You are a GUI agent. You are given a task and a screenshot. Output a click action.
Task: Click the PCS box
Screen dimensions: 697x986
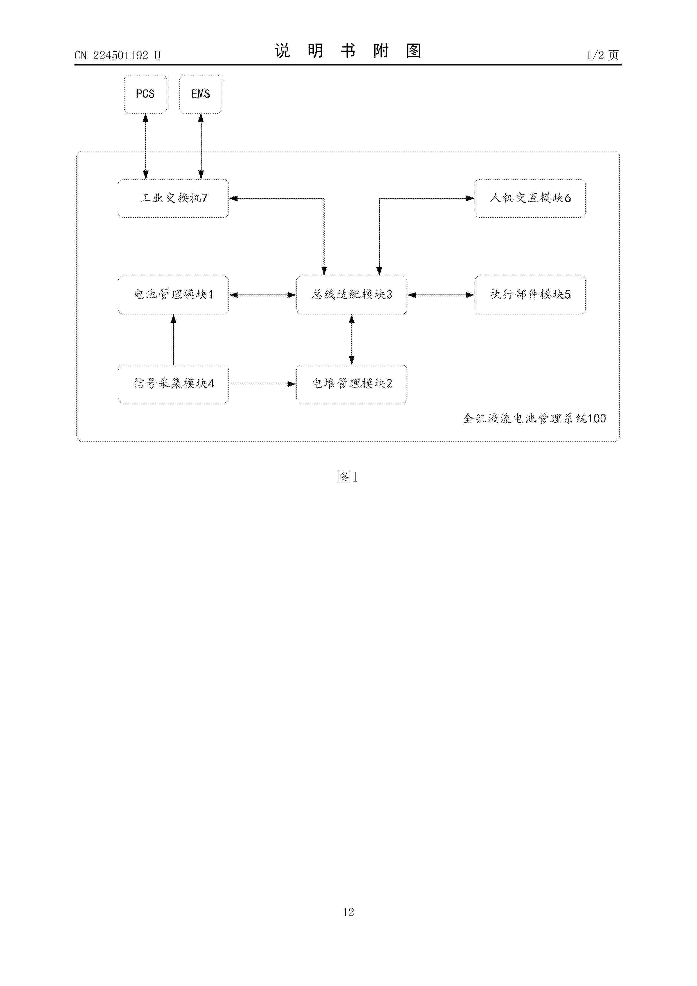click(145, 94)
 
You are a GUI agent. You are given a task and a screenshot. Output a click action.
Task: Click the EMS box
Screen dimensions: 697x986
click(201, 94)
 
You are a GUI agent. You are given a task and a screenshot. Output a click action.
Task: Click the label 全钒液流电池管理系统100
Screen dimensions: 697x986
click(535, 418)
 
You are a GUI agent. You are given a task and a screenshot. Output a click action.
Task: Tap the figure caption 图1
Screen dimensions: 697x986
click(348, 477)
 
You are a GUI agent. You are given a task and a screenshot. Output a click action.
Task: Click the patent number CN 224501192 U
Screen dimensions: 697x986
click(117, 55)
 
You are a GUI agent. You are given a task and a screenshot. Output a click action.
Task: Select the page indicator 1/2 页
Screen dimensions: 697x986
click(603, 55)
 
